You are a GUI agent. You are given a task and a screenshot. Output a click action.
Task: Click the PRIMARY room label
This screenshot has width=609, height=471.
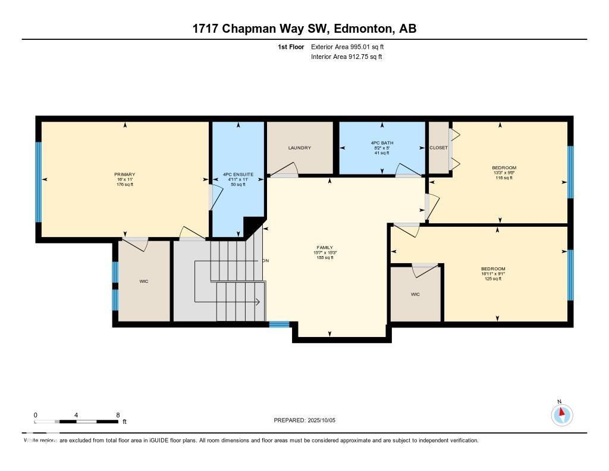125,174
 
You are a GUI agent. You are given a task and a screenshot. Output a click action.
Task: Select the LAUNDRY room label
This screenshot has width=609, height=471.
300,148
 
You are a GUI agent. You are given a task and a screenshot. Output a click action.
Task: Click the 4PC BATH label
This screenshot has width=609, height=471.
382,143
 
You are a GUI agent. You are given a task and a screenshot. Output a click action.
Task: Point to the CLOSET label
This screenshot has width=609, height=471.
438,148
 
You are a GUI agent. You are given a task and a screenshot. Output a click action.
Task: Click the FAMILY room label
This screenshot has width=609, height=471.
325,247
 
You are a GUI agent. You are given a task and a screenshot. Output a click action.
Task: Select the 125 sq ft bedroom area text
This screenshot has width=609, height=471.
493,279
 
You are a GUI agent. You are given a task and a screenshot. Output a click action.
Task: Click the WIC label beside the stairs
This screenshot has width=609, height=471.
144,281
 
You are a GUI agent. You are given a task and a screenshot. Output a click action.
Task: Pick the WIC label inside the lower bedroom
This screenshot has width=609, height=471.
415,294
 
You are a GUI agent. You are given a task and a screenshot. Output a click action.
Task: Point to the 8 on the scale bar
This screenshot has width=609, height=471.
118,415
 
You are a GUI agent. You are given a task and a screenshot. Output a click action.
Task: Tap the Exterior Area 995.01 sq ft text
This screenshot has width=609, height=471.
351,46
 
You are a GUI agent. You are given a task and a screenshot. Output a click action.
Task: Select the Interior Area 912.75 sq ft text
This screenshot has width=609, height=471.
346,57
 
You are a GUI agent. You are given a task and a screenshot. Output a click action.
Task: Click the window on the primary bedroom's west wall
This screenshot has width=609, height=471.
39,181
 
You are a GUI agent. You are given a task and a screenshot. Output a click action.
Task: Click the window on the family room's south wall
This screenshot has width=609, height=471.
279,325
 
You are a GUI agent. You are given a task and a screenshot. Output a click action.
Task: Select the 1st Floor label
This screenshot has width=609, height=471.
291,46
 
